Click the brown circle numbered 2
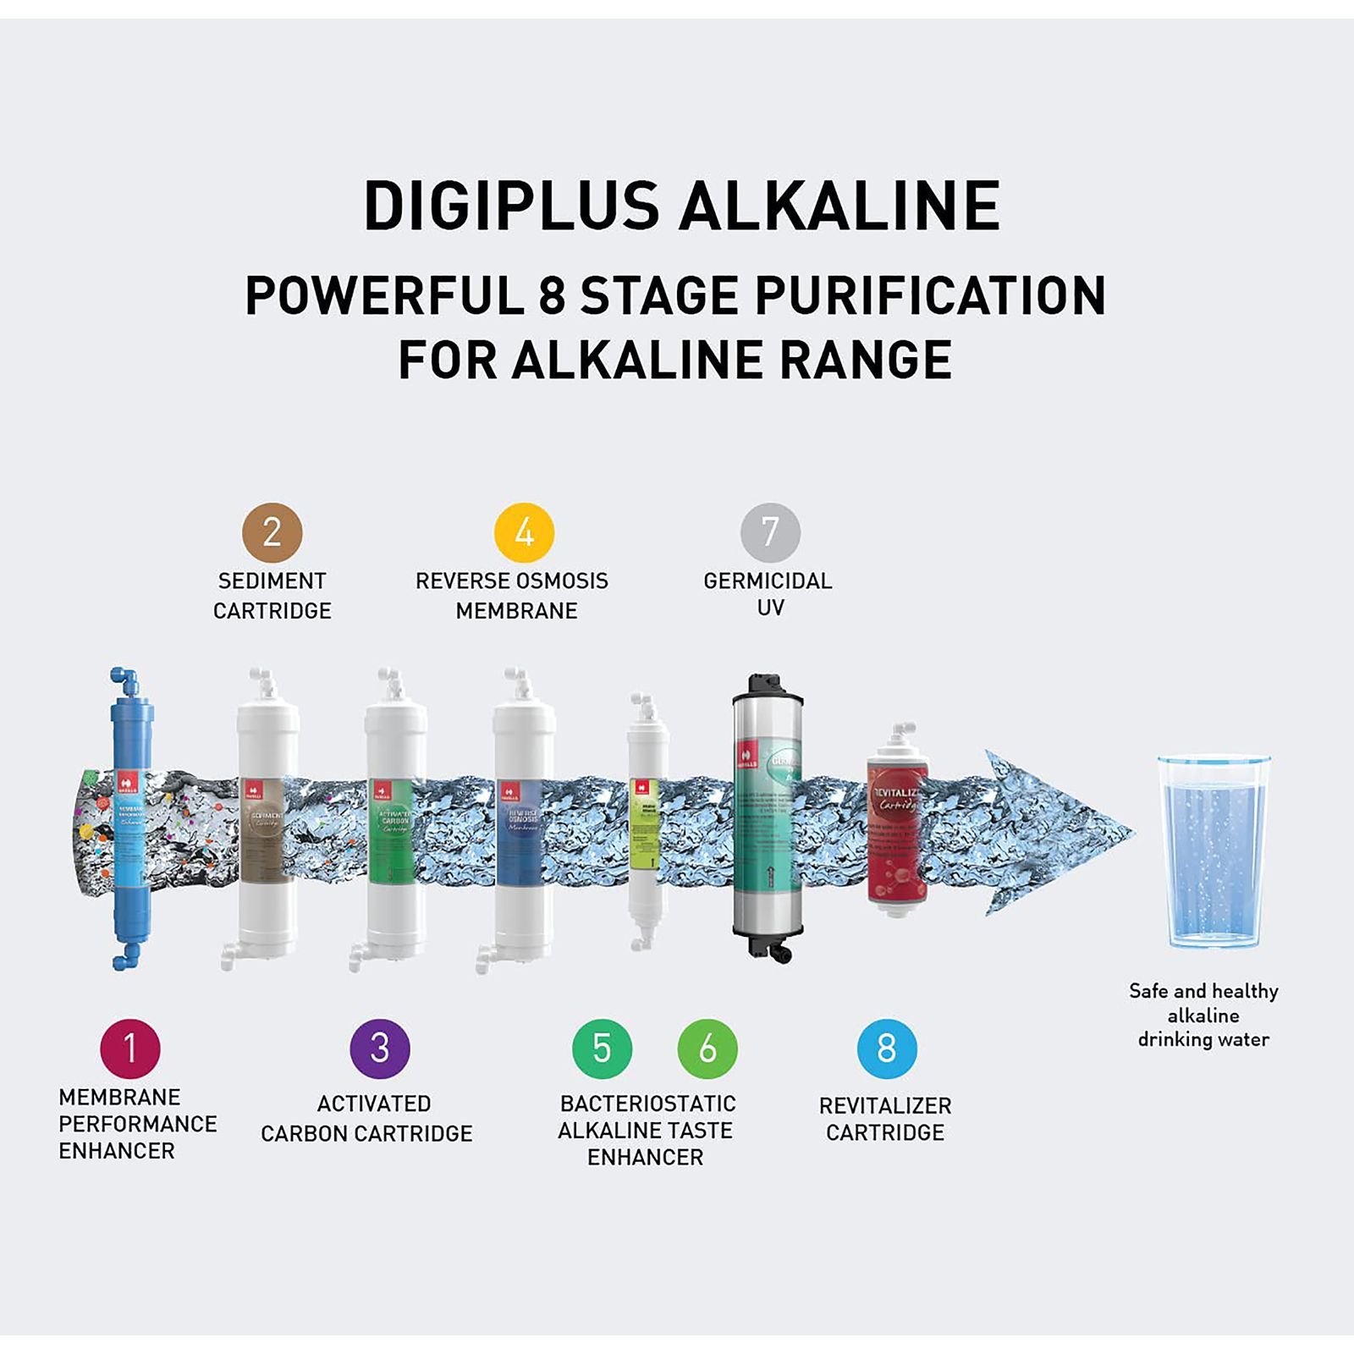272,532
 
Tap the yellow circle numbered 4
524,532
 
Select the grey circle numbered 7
770,532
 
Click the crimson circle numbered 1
130,1049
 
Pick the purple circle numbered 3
380,1049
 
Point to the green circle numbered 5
602,1049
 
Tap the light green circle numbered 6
707,1049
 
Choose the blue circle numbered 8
887,1049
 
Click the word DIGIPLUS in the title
511,206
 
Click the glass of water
1213,850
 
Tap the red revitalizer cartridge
897,829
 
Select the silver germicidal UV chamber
768,817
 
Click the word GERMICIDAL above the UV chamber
768,581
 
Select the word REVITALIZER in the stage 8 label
885,1106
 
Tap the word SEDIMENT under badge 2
272,581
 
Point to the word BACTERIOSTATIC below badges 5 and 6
647,1104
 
